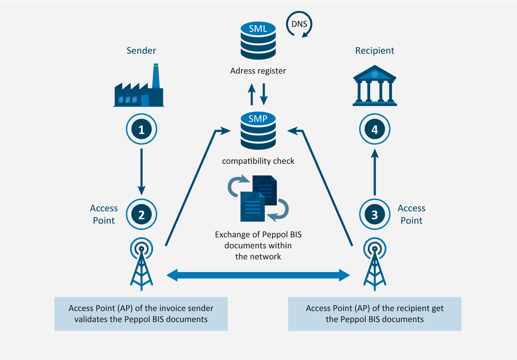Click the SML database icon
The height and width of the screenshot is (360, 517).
[x=258, y=41]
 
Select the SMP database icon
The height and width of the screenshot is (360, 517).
[x=258, y=131]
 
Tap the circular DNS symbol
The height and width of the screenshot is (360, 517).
[x=299, y=24]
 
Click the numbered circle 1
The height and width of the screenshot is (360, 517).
[x=141, y=129]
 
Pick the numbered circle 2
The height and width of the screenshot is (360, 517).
[x=141, y=214]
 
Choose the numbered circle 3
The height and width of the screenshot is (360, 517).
[x=375, y=214]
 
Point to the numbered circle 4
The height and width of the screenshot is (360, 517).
[x=375, y=129]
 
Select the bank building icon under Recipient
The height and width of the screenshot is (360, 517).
[x=375, y=86]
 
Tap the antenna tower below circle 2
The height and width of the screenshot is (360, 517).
[x=141, y=264]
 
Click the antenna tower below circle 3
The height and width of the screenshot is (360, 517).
[x=375, y=264]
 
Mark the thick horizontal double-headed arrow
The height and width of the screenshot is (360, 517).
[x=258, y=275]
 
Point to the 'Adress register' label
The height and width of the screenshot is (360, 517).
[x=258, y=71]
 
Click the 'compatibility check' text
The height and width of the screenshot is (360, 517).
[x=258, y=161]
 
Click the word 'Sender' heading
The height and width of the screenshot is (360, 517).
[x=141, y=51]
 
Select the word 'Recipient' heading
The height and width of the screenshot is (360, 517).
[x=375, y=51]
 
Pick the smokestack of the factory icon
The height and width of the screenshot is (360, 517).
[x=156, y=77]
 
